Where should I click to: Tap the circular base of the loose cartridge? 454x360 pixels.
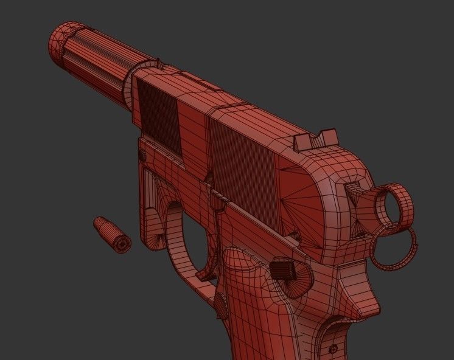[x=122, y=244]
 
